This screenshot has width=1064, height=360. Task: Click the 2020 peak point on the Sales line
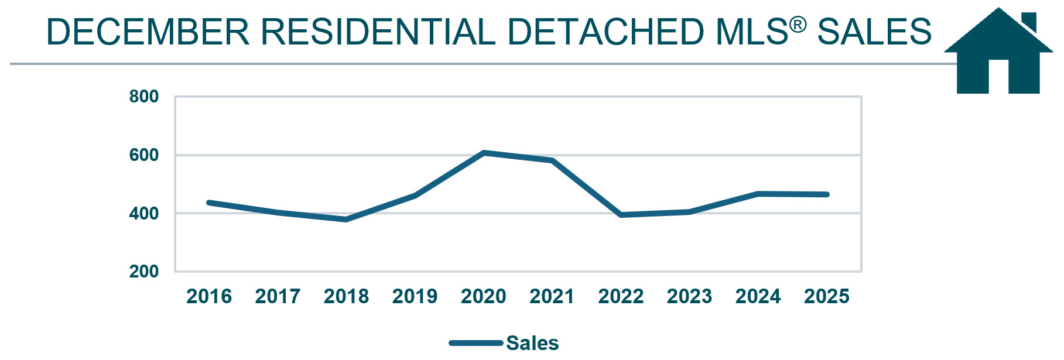[484, 153]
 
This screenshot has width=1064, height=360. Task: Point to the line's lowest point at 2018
[346, 220]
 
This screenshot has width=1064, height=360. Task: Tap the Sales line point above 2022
[621, 215]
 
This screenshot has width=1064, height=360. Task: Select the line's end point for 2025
[827, 194]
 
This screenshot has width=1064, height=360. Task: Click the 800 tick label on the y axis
[143, 97]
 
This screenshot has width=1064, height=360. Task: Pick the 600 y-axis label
[143, 155]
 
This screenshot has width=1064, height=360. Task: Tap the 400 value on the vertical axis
[143, 214]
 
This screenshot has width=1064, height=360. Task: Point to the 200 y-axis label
[143, 272]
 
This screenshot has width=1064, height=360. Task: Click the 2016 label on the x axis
[209, 297]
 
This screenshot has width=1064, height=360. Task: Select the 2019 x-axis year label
[415, 297]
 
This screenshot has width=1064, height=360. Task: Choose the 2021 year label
[552, 297]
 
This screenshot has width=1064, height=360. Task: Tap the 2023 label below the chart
[689, 297]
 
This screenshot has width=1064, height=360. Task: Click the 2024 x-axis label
[758, 297]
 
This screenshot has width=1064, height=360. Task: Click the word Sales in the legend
[532, 343]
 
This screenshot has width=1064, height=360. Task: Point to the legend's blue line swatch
[475, 343]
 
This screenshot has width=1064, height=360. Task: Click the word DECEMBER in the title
[148, 32]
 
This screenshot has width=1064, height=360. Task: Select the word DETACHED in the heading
[606, 32]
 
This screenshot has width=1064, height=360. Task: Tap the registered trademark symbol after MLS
[798, 25]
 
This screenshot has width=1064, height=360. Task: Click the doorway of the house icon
[998, 77]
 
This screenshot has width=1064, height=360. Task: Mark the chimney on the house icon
[1029, 22]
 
